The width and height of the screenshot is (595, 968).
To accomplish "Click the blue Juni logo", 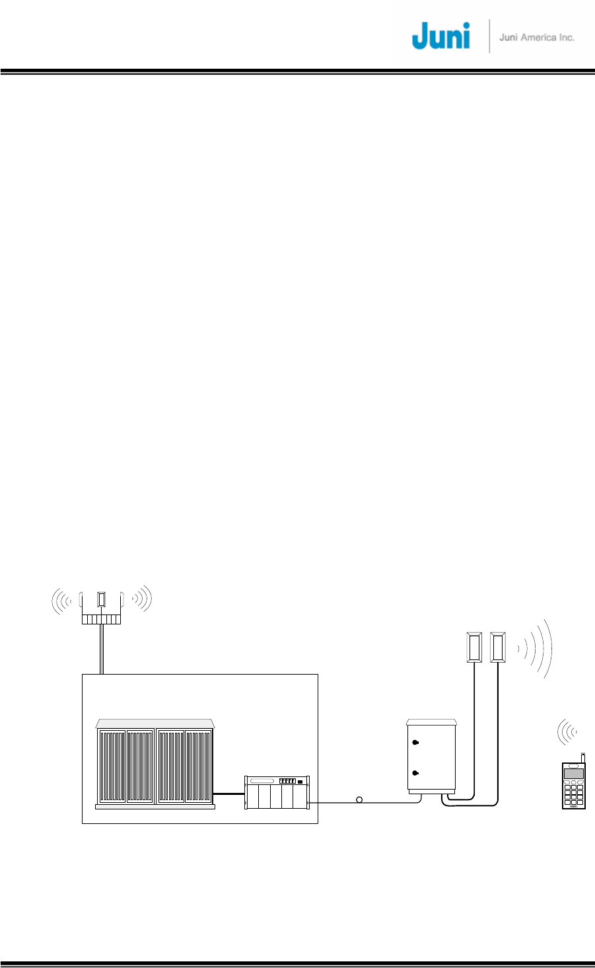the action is tap(440, 36).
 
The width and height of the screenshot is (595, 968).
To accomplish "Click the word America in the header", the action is tap(538, 38).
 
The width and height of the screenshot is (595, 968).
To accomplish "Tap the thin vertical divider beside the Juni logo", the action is tap(489, 36).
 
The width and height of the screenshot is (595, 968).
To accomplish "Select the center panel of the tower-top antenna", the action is tap(101, 600).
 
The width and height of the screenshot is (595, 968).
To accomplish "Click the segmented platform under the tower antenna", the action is tap(101, 619).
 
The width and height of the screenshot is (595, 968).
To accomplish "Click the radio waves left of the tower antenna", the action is tap(63, 600).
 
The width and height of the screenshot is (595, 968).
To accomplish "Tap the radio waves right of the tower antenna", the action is tap(141, 599).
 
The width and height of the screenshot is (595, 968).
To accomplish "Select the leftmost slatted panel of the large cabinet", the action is tap(112, 765).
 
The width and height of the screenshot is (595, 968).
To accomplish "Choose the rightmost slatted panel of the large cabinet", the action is tap(198, 765).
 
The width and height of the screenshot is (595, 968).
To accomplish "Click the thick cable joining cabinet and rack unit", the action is tap(229, 794).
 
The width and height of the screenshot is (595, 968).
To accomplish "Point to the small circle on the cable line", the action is tap(359, 800).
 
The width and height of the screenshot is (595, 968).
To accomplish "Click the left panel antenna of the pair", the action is tap(473, 648).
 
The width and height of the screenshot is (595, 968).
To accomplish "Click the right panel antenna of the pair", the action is tap(498, 648).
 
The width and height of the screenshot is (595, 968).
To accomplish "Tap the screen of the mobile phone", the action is tap(573, 774).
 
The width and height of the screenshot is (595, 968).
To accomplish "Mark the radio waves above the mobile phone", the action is tap(567, 732).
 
